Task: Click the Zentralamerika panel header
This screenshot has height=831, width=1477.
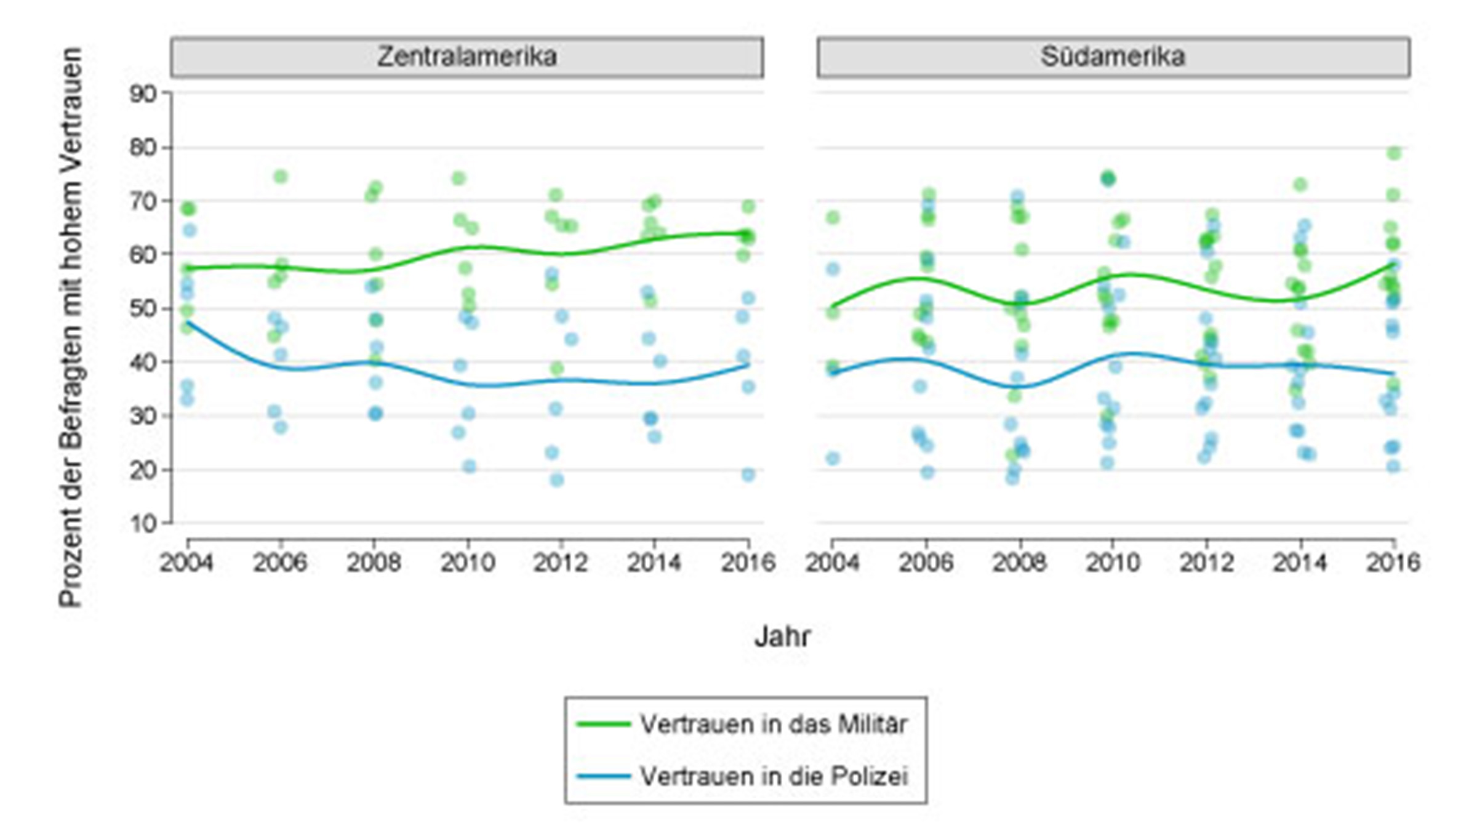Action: [x=467, y=57]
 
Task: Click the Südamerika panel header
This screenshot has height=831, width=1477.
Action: [x=1113, y=57]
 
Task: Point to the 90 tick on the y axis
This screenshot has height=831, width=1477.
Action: [x=143, y=94]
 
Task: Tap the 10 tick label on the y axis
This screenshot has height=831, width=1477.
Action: [x=143, y=524]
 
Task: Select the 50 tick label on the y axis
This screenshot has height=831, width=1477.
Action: [x=143, y=308]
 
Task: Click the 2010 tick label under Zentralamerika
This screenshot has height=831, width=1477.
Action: [x=467, y=562]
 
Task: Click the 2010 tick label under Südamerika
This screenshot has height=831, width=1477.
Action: [x=1113, y=562]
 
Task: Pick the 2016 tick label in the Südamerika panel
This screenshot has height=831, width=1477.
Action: [x=1393, y=562]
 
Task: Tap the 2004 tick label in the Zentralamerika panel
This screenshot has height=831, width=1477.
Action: [x=186, y=562]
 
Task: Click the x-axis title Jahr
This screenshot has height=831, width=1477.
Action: [x=782, y=636]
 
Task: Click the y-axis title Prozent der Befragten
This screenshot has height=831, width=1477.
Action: [x=71, y=326]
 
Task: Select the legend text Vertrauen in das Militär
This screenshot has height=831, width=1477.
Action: [x=774, y=725]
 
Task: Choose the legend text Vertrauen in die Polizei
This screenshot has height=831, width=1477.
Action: [x=774, y=776]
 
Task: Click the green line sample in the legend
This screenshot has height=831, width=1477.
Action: [x=603, y=725]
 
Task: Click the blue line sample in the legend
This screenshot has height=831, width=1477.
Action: [x=603, y=776]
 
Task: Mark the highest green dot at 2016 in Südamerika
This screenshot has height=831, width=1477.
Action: [x=1394, y=153]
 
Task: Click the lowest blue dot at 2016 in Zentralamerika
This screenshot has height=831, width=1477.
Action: [x=748, y=475]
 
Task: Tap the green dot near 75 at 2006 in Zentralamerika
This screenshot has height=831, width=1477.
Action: [x=280, y=177]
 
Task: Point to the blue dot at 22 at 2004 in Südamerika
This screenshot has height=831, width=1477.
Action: [x=833, y=458]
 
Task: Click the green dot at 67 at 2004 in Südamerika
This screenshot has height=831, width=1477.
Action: [x=833, y=217]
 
